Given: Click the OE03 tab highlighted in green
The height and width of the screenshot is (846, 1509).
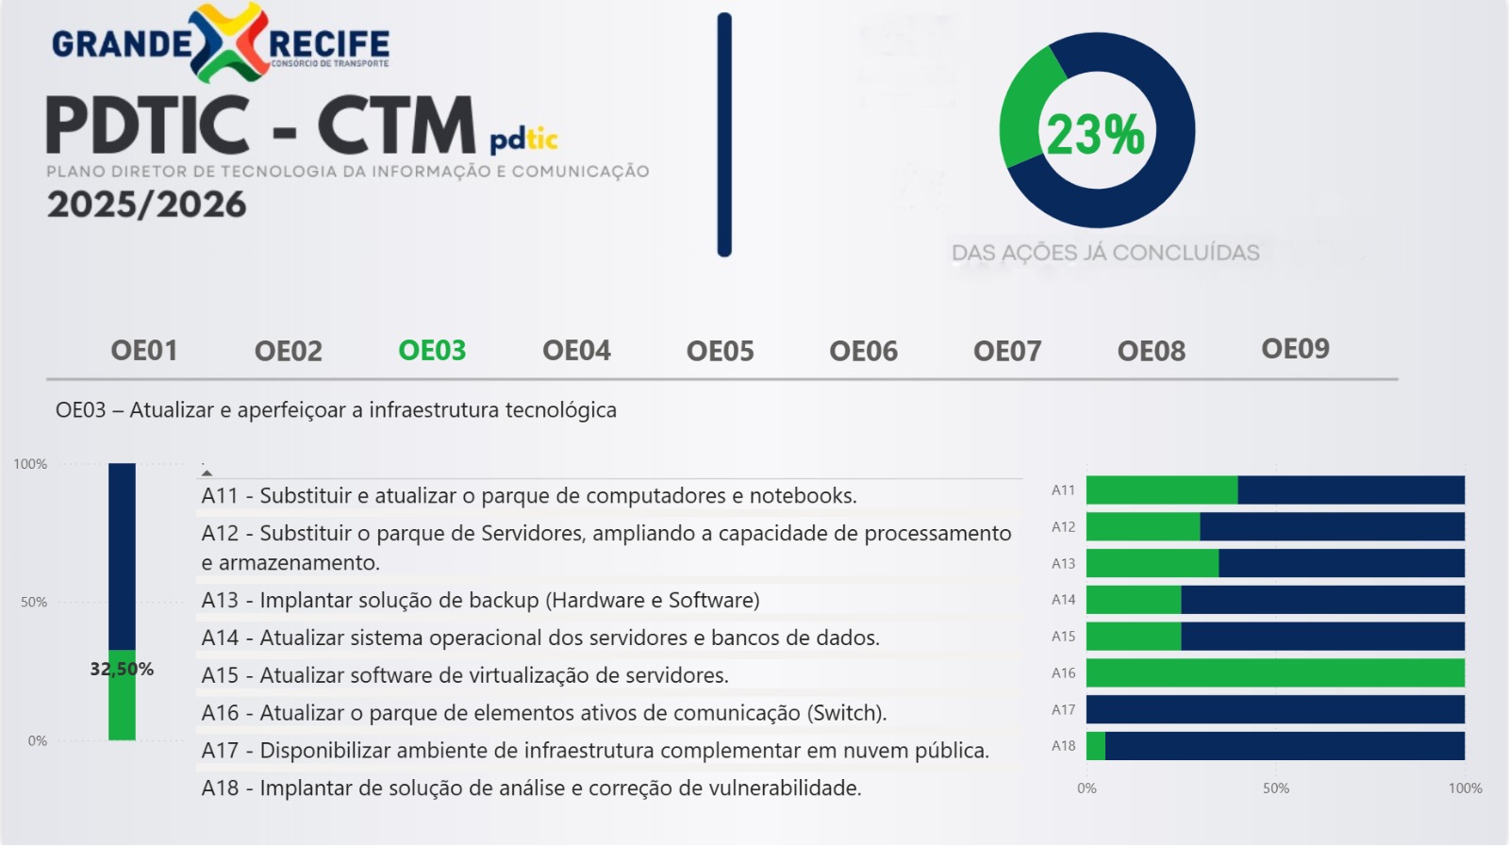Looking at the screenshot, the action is point(432,350).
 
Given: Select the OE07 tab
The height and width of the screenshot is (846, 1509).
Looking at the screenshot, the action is point(1007,351).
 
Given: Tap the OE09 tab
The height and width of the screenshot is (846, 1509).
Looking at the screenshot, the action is point(1295,349).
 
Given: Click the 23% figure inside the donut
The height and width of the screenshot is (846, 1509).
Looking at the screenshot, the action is point(1095,135).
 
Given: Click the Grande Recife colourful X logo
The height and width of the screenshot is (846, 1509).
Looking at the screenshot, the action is point(229,41).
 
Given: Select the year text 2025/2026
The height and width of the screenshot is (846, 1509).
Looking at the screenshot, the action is point(146,205).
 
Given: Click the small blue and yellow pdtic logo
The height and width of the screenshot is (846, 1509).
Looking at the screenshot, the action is point(523,140).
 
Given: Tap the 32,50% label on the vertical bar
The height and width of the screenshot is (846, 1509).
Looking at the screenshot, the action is point(122,669).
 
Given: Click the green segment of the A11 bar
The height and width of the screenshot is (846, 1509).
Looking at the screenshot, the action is point(1162,489).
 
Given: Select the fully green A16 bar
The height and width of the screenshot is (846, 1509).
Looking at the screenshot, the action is point(1275,672).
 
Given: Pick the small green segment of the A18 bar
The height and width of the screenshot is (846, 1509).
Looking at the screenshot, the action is point(1096,746).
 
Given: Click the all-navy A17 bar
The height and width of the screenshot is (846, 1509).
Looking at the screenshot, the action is point(1275,709).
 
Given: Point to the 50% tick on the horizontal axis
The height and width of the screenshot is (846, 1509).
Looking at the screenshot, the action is point(1276,788).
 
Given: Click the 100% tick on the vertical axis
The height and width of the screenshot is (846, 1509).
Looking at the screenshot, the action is point(30,464).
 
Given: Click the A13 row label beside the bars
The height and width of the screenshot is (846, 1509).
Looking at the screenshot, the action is point(1063,563).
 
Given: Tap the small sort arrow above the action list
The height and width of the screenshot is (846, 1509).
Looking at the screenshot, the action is point(207,473).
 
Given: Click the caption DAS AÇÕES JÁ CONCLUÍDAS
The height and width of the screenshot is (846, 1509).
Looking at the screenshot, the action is point(1105,253).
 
